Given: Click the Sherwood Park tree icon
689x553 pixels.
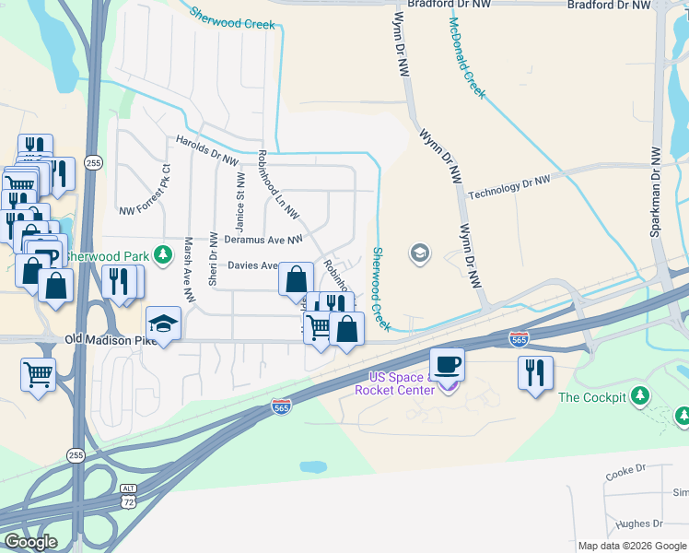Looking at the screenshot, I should pyautogui.click(x=163, y=253).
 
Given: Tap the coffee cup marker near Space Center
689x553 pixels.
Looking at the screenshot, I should pyautogui.click(x=448, y=365).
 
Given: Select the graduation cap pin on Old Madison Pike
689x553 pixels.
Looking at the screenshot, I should pyautogui.click(x=163, y=324).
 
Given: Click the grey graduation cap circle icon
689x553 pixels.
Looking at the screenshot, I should pyautogui.click(x=420, y=253).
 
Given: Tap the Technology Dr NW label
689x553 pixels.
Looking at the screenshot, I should pyautogui.click(x=508, y=187).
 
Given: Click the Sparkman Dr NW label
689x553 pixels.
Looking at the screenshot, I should pyautogui.click(x=656, y=192).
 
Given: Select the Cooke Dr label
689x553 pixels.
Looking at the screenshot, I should pyautogui.click(x=626, y=472).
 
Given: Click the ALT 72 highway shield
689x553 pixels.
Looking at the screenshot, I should pyautogui.click(x=128, y=496).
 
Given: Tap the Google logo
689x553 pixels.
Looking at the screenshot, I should pyautogui.click(x=30, y=542).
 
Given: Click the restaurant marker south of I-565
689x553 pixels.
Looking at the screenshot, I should pyautogui.click(x=535, y=372).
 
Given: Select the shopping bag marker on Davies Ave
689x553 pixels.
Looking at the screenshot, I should pyautogui.click(x=296, y=277).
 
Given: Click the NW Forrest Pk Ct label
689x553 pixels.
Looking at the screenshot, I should pyautogui.click(x=145, y=189).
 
